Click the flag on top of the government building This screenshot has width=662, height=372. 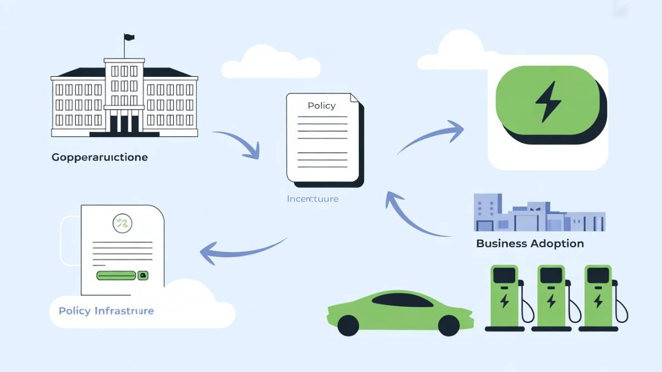(x=129, y=38)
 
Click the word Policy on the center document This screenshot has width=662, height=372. (x=322, y=106)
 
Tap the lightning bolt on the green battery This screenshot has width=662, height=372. (x=548, y=101)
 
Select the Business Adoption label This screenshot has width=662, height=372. (x=530, y=243)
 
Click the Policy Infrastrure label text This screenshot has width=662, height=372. (x=106, y=311)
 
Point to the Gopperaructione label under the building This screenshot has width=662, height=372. (x=100, y=158)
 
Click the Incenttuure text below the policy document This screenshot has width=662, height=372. (x=312, y=199)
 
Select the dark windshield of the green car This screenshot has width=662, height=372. (x=402, y=301)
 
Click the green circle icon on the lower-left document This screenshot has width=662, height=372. (x=122, y=224)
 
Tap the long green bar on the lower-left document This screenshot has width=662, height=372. (x=116, y=275)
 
